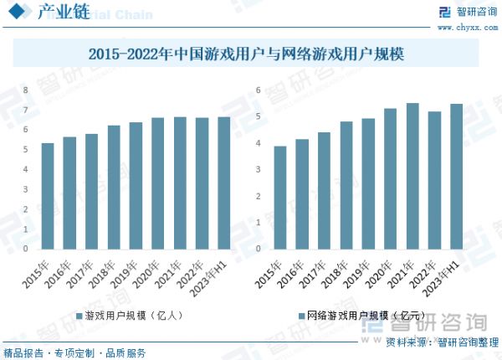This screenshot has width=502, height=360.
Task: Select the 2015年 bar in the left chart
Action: point(48,196)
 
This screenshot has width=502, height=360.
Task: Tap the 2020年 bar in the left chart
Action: point(157,183)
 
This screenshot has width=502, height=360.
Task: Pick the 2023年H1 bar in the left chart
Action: point(223,183)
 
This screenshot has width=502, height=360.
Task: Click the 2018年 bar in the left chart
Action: point(114,188)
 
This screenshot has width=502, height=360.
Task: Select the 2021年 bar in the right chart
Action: point(412,176)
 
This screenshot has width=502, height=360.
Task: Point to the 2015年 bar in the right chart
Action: point(280,198)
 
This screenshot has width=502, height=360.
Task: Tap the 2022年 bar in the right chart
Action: point(434,180)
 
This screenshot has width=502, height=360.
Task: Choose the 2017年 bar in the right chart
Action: point(324,191)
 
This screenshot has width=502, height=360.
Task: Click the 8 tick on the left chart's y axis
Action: point(25,90)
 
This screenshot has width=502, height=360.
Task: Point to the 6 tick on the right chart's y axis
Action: point(259,90)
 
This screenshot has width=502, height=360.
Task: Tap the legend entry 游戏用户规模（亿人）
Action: point(133,316)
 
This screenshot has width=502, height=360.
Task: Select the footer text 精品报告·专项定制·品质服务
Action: point(74,352)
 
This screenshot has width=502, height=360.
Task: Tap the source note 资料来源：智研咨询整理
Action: point(435,343)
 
